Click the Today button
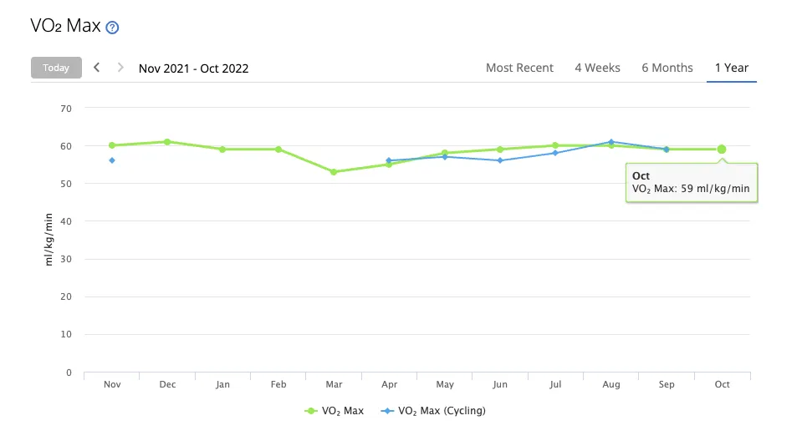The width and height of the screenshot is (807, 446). (56, 68)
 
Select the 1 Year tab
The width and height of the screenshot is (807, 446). (731, 68)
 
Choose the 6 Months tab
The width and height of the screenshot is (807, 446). (667, 68)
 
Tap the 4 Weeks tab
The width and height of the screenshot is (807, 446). (597, 68)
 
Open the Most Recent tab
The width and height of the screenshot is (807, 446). (519, 68)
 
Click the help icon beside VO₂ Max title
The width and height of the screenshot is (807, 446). (112, 27)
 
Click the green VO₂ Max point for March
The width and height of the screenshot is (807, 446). (334, 172)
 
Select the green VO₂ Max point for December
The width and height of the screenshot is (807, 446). (167, 142)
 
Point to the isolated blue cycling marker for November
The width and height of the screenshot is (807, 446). (112, 160)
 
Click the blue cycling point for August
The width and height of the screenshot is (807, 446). (611, 142)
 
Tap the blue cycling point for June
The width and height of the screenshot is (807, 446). (500, 160)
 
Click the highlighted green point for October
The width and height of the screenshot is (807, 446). (722, 150)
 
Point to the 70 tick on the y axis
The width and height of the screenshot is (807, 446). (66, 108)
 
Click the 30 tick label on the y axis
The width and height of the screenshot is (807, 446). (66, 259)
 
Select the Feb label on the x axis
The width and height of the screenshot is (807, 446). (278, 384)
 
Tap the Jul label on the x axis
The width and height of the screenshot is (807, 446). (555, 384)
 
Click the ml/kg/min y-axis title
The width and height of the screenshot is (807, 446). (49, 241)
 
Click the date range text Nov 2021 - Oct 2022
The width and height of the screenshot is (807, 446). (193, 68)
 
